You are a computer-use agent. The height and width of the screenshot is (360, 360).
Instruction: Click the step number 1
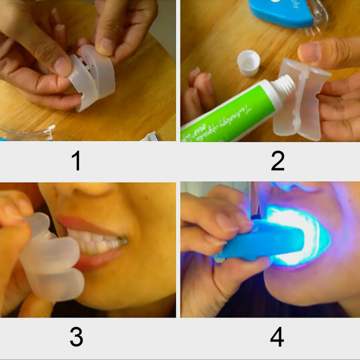76,162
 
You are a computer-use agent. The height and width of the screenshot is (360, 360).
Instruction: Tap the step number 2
277,162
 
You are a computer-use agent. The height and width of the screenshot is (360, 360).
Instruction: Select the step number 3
76,338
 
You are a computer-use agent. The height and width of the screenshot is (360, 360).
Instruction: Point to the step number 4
277,338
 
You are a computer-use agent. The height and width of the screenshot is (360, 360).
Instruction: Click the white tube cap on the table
249,63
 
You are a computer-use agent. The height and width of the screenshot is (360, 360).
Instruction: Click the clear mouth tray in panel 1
90,77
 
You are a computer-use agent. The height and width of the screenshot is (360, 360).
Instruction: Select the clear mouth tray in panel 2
298,104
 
